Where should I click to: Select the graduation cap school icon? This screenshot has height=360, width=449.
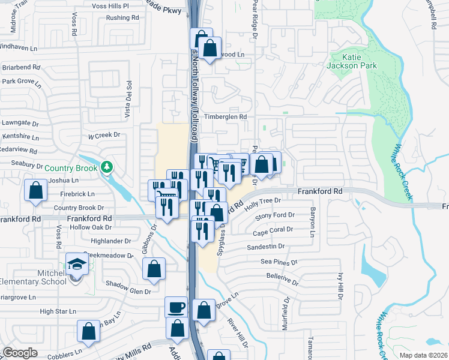coord(77,263)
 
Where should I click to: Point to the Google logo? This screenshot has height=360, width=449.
coord(20,353)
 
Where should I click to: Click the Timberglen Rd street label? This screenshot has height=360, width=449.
coord(225,117)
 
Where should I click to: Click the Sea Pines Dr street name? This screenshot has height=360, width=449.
coord(279,262)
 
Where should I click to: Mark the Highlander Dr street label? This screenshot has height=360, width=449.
coord(112,241)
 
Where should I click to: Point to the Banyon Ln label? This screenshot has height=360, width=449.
coord(313,221)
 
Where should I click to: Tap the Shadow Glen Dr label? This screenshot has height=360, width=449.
coord(128,291)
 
